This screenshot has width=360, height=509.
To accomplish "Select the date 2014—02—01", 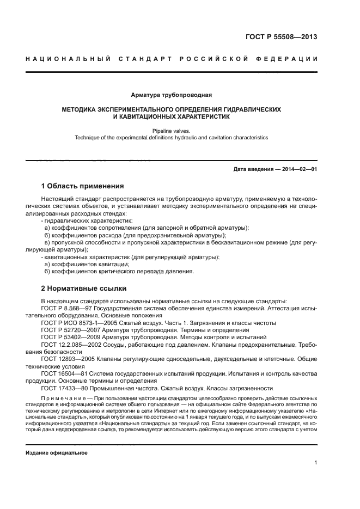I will click(297, 169).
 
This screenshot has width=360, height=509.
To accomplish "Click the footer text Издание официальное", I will click(57, 452).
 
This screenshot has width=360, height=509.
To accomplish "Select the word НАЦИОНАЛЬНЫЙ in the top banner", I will click(69, 59).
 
